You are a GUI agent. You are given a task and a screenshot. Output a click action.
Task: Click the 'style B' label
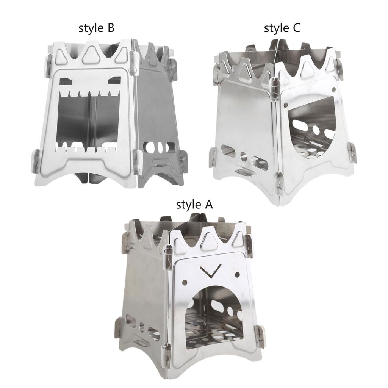point(96,28)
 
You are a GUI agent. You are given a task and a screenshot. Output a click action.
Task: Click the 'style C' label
point(282,28)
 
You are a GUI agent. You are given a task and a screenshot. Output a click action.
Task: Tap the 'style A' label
point(194,205)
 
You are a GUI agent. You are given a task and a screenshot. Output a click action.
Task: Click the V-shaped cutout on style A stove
point(211,272)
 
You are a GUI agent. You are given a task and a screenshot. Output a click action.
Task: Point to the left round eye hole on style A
point(185,282)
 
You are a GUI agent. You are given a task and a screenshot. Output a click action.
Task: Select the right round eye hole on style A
point(237,274)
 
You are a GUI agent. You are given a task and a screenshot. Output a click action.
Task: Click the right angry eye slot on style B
point(114,80)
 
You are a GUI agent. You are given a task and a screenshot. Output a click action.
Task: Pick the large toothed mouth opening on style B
point(88,121)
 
